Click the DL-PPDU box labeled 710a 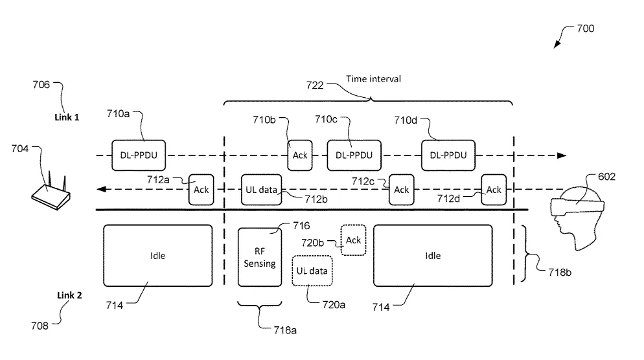coord(139,155)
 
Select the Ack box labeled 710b coord(300,155)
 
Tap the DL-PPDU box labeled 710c coord(354,155)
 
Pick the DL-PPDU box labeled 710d coord(448,155)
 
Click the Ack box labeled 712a coord(201,190)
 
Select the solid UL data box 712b coord(262,190)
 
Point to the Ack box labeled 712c coord(401,190)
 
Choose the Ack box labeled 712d coord(494,190)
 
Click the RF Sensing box coord(260,258)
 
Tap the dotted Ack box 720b coord(353,240)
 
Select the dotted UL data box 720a coord(312,271)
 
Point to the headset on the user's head coord(577,206)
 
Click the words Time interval coord(373,79)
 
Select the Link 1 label coord(67,117)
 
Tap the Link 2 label coord(69,295)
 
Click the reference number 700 coord(585,28)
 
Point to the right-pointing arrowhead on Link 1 coord(562,155)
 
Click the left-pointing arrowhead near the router coord(101,189)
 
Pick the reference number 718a coord(285,330)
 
